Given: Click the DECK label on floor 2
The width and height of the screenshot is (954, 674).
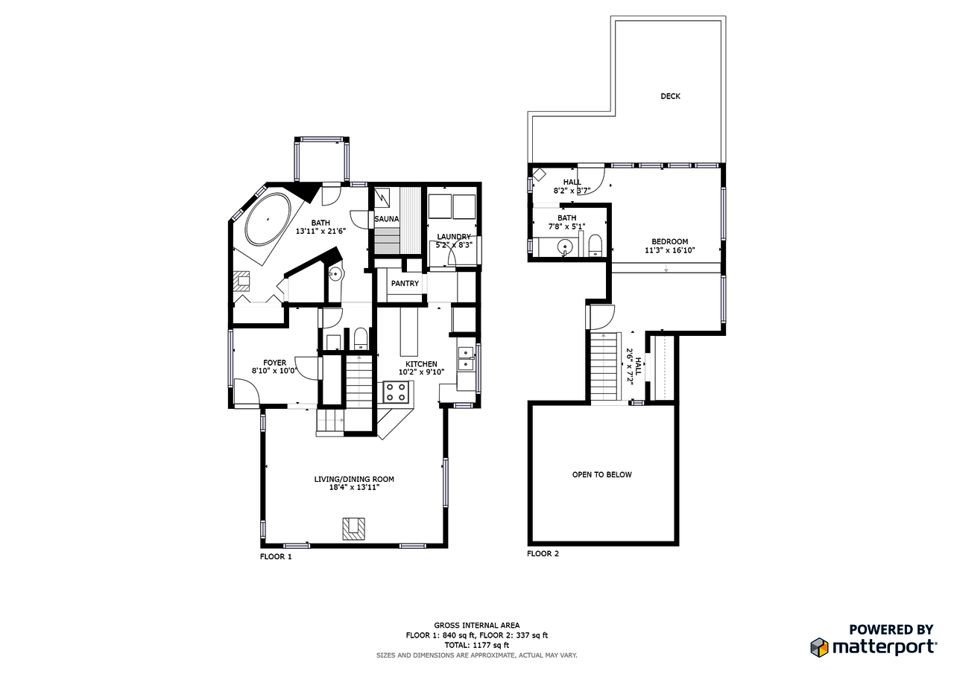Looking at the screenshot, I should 670,96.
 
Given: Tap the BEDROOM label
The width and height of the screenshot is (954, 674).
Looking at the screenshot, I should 669,241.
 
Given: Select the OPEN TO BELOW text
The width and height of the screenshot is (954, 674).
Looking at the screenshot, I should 601,474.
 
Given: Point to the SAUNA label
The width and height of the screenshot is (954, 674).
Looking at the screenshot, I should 386,219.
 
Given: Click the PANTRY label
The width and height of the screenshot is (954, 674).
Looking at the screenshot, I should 405,284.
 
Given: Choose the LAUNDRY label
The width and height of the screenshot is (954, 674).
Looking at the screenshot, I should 453,237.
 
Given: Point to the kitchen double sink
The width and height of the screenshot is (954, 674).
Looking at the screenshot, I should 466,357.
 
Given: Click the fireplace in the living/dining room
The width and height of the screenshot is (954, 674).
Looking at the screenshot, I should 354,528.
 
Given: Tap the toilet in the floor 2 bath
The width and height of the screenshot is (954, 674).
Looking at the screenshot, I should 595,245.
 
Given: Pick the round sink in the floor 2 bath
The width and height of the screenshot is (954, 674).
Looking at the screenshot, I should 566,247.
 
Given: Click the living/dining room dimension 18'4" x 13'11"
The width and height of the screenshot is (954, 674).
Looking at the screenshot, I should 354,487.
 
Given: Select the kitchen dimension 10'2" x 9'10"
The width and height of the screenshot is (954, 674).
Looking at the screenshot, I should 421,372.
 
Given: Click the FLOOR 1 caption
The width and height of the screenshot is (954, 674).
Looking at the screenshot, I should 276,556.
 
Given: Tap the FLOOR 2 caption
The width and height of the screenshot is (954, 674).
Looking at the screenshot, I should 543,553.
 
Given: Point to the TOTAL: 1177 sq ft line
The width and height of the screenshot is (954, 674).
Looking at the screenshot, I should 477,645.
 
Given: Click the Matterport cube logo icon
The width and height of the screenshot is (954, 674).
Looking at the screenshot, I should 820,647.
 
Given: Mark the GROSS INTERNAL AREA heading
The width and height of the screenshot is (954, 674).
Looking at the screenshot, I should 477,626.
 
